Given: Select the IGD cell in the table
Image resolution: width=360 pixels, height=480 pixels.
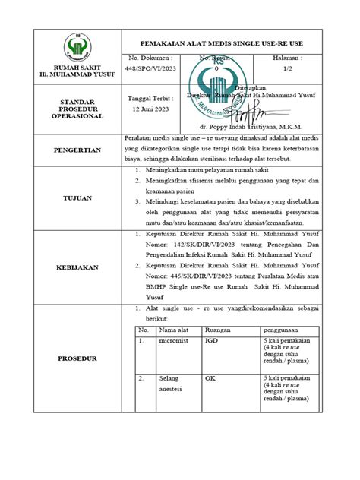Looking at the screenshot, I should pyautogui.click(x=213, y=343).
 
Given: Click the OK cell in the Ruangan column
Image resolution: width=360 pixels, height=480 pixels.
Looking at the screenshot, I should pyautogui.click(x=210, y=377).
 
